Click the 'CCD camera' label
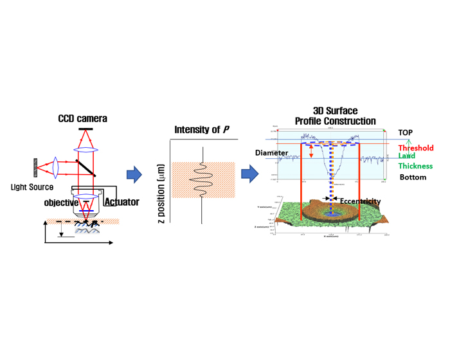[82, 119]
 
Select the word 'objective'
[61, 203]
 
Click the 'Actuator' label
[122, 202]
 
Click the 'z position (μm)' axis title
[159, 194]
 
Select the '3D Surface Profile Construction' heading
[334, 116]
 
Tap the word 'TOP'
[405, 132]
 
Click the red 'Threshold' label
[415, 148]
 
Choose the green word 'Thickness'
[415, 166]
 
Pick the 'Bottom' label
[412, 177]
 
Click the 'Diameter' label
[271, 153]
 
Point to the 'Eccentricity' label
[359, 201]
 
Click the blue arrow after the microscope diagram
[134, 174]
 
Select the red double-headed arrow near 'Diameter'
[312, 152]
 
